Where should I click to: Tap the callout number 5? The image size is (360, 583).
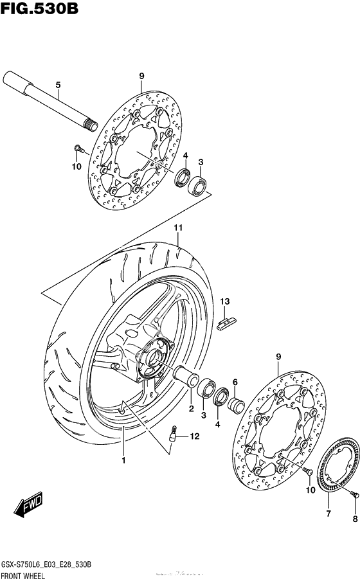[x=58, y=85]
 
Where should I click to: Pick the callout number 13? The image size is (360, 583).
[x=225, y=301]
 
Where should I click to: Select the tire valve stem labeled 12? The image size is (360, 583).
[x=172, y=435]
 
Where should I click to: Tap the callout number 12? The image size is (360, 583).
[x=194, y=437]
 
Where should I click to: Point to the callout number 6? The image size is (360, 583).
[x=235, y=382]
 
